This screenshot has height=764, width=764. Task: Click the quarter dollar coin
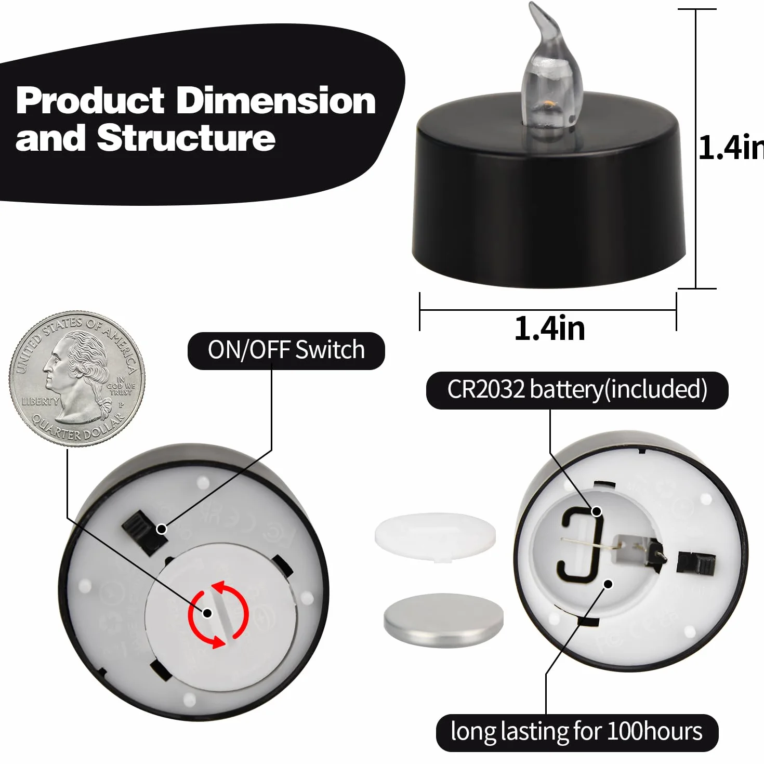point(77,379)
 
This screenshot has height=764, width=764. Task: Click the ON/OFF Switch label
point(286,350)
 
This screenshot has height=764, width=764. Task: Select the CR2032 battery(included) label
point(577,390)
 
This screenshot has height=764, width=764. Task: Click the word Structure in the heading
point(186,138)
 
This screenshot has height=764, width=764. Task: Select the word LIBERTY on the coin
point(40,401)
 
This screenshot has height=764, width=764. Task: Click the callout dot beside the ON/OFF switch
point(162,529)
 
